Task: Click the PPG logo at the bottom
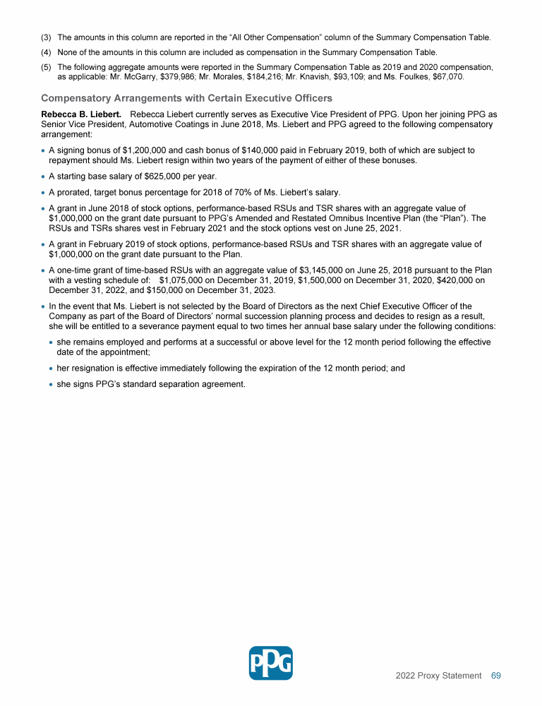pos(271,663)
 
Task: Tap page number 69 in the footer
pos(495,676)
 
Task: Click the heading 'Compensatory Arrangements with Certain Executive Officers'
pos(187,97)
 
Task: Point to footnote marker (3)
pos(47,37)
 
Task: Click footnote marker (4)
pos(47,52)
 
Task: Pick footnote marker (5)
pos(47,67)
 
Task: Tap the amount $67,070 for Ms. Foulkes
pos(447,76)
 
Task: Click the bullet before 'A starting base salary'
pos(44,176)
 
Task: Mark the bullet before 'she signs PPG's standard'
pos(52,385)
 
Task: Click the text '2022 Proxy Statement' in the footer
pos(438,676)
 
